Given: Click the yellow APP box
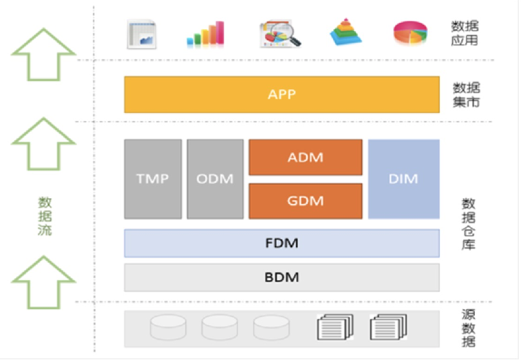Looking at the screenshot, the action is [x=282, y=95].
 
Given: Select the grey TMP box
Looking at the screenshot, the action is [x=153, y=179].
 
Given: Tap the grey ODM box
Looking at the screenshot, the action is [x=215, y=179].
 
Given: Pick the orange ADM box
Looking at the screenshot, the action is [x=306, y=157].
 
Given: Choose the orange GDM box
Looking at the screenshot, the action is [x=306, y=201].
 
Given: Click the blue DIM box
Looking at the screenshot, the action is [x=404, y=179].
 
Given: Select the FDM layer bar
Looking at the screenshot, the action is [x=282, y=243].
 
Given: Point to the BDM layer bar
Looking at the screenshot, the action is [x=282, y=278].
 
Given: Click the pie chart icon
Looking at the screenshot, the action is [x=410, y=33].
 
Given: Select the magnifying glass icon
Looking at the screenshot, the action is [x=280, y=33].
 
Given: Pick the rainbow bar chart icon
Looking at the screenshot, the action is [x=206, y=33].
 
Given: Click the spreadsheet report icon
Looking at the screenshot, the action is [x=142, y=34].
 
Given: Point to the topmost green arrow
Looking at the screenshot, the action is [x=43, y=55].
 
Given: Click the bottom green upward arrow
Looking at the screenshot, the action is [x=43, y=282].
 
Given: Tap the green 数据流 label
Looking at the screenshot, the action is [x=45, y=216].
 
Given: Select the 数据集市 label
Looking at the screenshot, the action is [x=466, y=95].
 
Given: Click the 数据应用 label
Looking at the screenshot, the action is [x=465, y=33].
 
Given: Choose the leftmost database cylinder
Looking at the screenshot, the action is [x=168, y=327].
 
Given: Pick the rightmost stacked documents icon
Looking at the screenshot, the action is [x=388, y=327].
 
